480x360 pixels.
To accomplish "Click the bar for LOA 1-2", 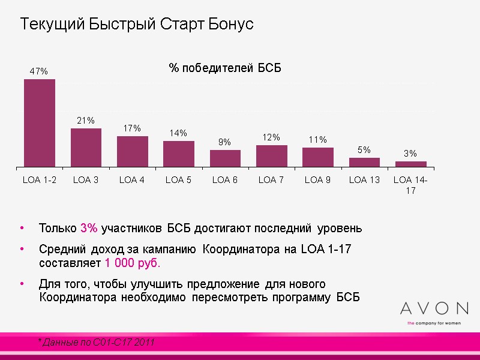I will coord(40,123).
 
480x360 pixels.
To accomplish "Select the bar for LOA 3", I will coord(86,148).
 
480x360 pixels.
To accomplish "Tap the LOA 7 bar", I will coord(271,156).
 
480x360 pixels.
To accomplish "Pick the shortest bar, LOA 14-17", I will coord(411,164).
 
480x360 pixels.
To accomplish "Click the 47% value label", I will coord(39,71).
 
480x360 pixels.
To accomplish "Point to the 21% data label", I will coord(86,121).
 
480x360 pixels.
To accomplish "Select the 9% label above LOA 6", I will coord(224,142).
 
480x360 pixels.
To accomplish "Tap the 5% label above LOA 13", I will coord(364,150).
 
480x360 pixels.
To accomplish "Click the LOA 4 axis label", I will coord(132,179).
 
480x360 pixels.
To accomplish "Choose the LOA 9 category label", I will coord(318,179).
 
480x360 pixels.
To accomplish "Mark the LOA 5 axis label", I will coord(178,179).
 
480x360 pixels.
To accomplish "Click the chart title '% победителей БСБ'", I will coord(225,68).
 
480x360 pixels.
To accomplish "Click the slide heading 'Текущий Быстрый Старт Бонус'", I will coord(137,25).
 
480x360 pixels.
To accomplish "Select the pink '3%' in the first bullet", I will coord(89,229).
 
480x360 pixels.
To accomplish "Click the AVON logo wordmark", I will coord(434,308).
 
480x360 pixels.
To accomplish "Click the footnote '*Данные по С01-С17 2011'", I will coord(96,342).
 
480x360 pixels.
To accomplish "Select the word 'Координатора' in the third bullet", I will coord(76,298).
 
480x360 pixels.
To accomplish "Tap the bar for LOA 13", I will coord(364,162).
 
